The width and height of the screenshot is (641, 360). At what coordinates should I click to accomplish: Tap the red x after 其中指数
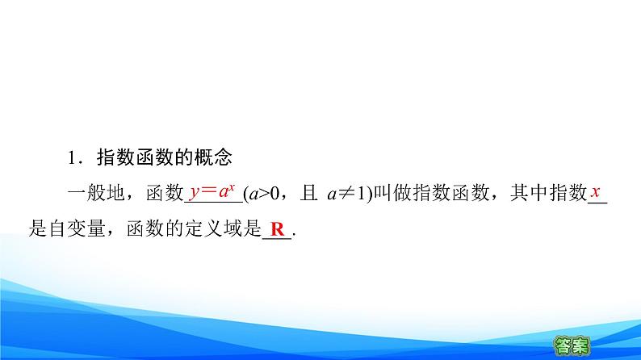pyautogui.click(x=594, y=193)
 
